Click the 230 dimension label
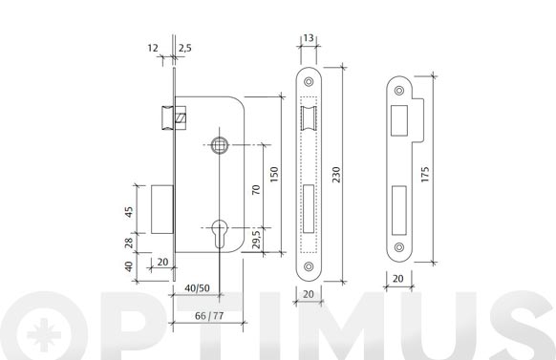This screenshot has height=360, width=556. click(336, 175)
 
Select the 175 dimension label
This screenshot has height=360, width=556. click(425, 175)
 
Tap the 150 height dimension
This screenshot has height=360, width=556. click(274, 175)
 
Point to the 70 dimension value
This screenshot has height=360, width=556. click(256, 190)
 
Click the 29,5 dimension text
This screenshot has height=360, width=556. click(256, 239)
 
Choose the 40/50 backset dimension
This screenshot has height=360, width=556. click(197, 288)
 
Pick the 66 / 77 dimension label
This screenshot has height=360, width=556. click(209, 316)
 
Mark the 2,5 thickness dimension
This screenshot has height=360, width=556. click(185, 48)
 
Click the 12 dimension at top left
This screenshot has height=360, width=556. click(153, 48)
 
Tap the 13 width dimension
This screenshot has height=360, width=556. click(309, 37)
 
